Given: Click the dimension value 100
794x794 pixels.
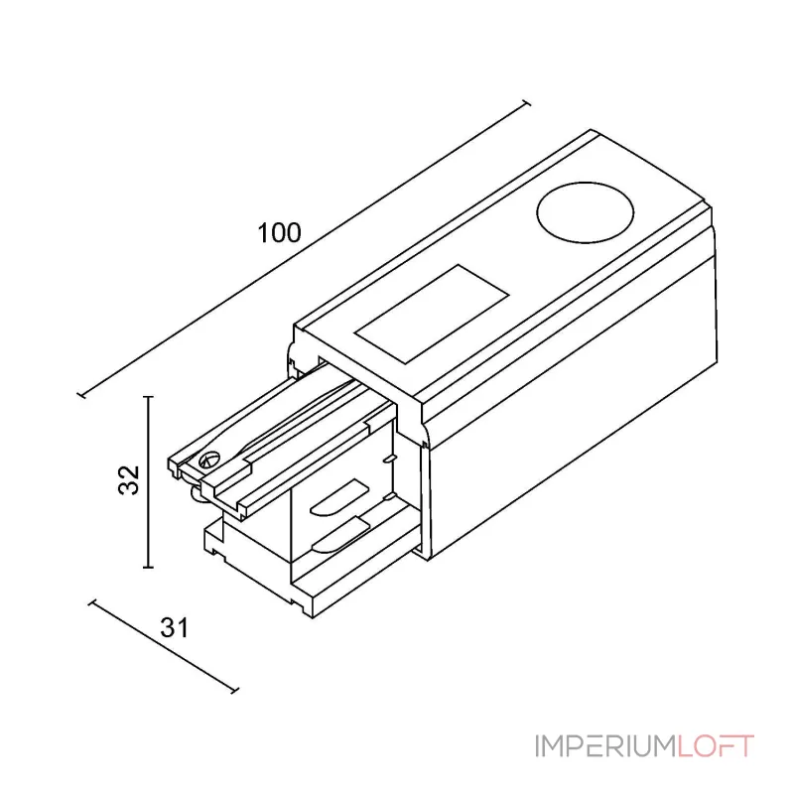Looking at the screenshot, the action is [279, 233].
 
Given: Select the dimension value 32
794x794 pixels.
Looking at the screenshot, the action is [129, 479].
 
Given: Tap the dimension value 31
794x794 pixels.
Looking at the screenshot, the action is [175, 628].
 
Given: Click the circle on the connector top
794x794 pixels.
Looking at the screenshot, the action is [585, 212].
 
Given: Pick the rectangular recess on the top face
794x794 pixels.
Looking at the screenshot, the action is [432, 314].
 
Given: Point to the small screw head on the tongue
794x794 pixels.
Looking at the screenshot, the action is [209, 461].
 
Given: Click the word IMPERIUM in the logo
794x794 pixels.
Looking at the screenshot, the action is [605, 746].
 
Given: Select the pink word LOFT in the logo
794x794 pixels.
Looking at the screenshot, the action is [716, 746].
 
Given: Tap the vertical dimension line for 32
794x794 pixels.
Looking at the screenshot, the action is [148, 482].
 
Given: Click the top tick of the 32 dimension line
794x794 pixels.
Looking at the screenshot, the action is [148, 397].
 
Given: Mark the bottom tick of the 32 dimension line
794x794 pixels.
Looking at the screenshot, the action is [148, 568].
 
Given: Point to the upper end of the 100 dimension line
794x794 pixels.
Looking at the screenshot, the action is [527, 104].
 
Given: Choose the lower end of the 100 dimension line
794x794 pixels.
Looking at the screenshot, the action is [81, 394].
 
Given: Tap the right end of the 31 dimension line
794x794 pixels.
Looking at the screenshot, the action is [234, 690].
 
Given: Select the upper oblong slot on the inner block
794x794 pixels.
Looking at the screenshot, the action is [339, 498].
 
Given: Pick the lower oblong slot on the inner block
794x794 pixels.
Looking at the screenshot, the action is [340, 535].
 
